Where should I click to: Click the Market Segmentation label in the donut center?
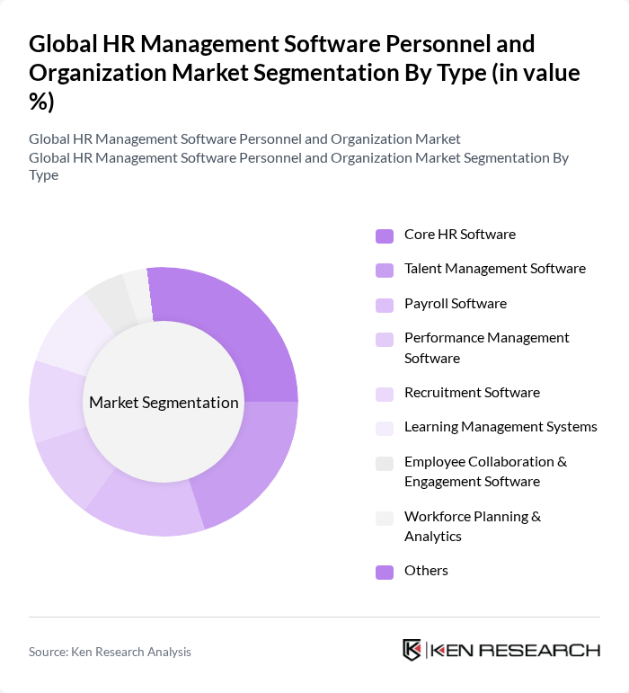point(164,403)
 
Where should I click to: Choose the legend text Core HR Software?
point(459,235)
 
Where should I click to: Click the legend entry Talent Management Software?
point(494,269)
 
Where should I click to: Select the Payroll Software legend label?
point(455,304)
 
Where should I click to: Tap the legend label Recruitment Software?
point(472,393)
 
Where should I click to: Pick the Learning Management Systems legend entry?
point(501,427)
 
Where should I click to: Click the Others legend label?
point(426,571)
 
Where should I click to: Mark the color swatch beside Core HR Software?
point(385,236)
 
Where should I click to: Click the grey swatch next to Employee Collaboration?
point(385,464)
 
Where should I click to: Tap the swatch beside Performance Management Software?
point(385,340)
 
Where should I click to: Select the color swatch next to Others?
point(385,572)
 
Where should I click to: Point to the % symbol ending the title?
point(41,102)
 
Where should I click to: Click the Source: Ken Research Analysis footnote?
point(110,652)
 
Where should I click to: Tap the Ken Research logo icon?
point(412,650)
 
